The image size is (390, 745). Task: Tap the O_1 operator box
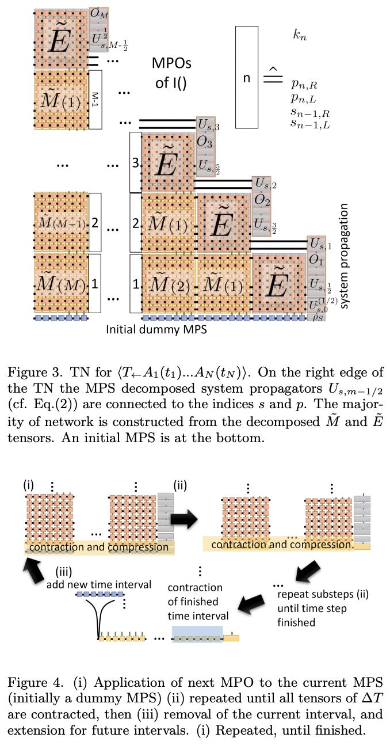[316, 260]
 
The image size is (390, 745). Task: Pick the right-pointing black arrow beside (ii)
[184, 500]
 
